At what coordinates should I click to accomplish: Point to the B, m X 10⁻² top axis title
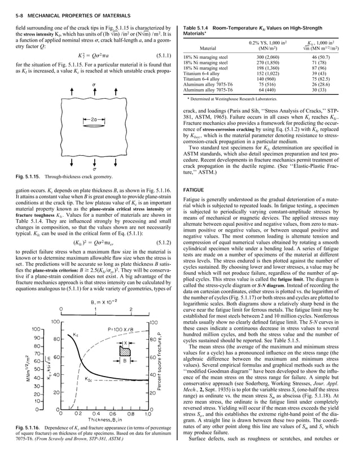pos(88,287)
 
